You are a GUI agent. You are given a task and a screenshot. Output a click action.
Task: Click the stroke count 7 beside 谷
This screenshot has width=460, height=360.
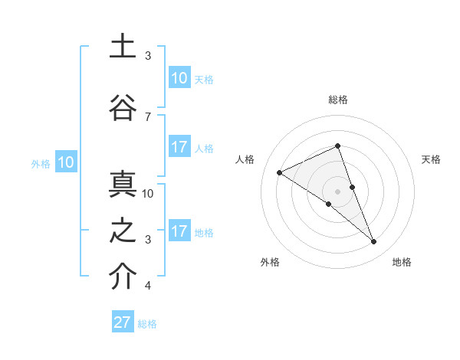pyautogui.click(x=147, y=116)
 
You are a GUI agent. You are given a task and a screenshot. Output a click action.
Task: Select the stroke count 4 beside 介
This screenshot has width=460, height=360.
pyautogui.click(x=147, y=286)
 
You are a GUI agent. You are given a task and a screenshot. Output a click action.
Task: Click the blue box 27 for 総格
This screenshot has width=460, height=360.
pyautogui.click(x=123, y=322)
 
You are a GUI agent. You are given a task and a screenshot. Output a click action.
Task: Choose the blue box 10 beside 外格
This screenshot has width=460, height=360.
pyautogui.click(x=65, y=162)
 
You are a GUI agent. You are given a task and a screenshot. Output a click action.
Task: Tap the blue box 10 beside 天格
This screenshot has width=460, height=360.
pyautogui.click(x=179, y=78)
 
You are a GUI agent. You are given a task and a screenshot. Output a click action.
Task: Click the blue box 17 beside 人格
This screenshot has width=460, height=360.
pyautogui.click(x=179, y=147)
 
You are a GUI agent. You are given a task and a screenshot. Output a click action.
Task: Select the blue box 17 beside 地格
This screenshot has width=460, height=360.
pyautogui.click(x=179, y=231)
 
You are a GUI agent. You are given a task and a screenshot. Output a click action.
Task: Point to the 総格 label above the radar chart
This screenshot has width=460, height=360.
pyautogui.click(x=337, y=100)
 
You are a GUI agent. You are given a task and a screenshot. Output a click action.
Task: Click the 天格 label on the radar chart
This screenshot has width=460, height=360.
pyautogui.click(x=432, y=159)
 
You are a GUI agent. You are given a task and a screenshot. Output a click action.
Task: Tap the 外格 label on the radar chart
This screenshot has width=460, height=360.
pyautogui.click(x=270, y=262)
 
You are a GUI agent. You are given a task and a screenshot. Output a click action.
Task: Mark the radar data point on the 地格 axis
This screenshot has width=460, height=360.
pyautogui.click(x=374, y=242)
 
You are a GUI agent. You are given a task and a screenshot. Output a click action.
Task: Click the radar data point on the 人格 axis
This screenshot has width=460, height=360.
pyautogui.click(x=279, y=172)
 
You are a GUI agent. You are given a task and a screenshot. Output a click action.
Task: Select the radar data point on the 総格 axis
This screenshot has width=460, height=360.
pyautogui.click(x=337, y=146)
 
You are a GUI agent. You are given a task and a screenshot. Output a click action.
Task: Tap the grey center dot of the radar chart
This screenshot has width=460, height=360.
pyautogui.click(x=337, y=191)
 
